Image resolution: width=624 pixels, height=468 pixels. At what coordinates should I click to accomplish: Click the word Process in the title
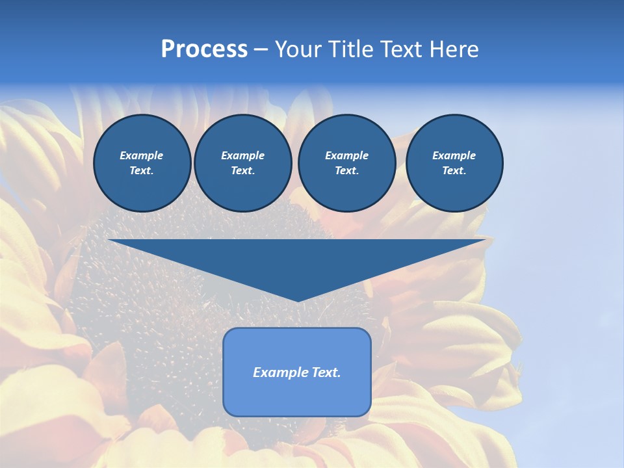pos(204,49)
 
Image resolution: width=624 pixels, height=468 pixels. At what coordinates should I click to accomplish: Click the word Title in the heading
pos(348,49)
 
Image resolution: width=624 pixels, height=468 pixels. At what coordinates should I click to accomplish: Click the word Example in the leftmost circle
pos(142,155)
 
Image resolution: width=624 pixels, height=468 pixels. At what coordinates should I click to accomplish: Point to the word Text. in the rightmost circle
pos(454,170)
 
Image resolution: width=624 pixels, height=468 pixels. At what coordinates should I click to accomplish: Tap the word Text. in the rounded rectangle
pos(326,372)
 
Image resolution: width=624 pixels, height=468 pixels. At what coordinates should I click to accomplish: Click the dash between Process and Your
pos(261,50)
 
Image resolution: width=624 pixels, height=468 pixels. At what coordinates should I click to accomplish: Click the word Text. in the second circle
pos(242,170)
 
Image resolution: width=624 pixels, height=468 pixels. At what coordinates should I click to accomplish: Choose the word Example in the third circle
pos(346,155)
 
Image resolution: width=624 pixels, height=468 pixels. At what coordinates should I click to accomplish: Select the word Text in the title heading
pos(400,49)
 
